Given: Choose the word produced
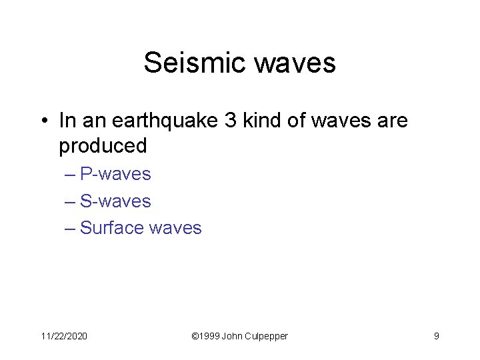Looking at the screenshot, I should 103,145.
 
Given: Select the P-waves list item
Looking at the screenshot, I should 115,175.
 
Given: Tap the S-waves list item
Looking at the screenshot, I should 115,201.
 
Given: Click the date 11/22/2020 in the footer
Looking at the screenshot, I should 64,336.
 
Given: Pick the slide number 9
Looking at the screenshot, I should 436,336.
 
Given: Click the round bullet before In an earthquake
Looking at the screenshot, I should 44,121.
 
